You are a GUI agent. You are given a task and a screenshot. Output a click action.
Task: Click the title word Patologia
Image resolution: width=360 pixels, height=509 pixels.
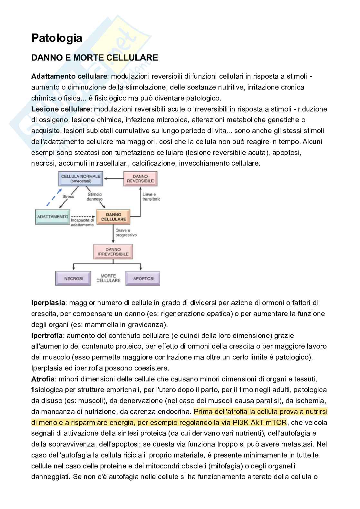click(x=57, y=38)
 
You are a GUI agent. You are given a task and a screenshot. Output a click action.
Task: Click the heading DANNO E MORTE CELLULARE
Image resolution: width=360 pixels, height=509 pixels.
click(x=94, y=58)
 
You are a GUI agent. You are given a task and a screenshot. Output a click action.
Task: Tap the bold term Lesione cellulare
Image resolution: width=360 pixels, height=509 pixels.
click(x=62, y=109)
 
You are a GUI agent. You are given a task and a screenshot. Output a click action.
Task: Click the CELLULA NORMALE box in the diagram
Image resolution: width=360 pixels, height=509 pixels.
click(x=81, y=178)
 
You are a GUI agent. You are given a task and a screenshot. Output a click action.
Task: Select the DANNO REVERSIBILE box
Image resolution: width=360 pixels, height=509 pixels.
click(x=140, y=178)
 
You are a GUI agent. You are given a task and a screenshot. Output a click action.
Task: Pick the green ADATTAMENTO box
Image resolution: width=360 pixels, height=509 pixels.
click(x=53, y=216)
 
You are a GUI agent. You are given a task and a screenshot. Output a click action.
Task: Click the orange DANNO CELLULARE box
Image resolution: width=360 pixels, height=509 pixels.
click(x=113, y=216)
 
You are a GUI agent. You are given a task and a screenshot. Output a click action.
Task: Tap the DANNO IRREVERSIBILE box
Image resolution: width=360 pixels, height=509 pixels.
click(x=113, y=252)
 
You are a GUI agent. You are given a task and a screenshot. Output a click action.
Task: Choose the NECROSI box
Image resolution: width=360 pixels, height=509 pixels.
click(x=73, y=278)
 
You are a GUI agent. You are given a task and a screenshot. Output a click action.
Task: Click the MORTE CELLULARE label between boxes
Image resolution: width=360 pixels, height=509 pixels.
click(x=108, y=278)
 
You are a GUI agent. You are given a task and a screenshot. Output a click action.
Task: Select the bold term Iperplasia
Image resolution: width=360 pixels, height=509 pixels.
click(x=48, y=303)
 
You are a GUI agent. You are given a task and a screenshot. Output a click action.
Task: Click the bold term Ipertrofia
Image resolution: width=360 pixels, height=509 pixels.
click(x=47, y=335)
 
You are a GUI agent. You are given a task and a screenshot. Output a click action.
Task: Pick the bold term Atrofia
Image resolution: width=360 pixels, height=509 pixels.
click(x=43, y=379)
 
